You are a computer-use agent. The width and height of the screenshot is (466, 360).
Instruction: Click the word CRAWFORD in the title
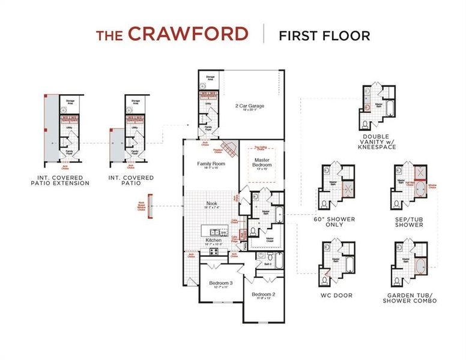pyautogui.click(x=187, y=34)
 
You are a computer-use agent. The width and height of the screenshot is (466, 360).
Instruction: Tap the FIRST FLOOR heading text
pyautogui.click(x=324, y=35)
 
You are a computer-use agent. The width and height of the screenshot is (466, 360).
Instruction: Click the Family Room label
pyautogui.click(x=211, y=164)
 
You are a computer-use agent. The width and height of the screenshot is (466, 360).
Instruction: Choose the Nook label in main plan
pyautogui.click(x=211, y=204)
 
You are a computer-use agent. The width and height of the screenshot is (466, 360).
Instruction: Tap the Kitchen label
pyautogui.click(x=213, y=240)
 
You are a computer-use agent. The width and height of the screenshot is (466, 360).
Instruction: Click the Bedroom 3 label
pyautogui.click(x=220, y=283)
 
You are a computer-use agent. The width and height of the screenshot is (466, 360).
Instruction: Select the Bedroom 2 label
pyautogui.click(x=263, y=294)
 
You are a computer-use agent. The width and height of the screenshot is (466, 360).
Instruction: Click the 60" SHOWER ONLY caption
pyautogui.click(x=334, y=221)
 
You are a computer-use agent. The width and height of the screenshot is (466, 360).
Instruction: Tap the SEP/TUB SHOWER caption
pyautogui.click(x=408, y=221)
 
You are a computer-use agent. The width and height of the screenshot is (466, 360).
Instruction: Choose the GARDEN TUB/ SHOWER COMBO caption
pyautogui.click(x=409, y=298)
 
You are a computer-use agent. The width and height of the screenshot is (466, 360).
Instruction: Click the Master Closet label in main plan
pyautogui.click(x=270, y=239)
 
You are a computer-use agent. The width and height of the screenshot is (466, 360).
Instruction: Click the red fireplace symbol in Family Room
pyautogui.click(x=228, y=148)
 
